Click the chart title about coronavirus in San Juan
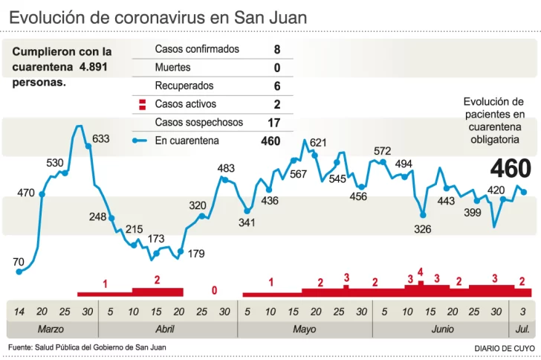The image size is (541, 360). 158,16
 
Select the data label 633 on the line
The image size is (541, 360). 100,139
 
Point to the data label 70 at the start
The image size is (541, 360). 19,262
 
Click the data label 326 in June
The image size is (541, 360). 422,228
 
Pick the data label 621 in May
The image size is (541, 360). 318,143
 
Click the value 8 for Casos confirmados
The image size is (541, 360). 276,50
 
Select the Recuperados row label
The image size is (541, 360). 184,86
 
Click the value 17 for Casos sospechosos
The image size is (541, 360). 273,122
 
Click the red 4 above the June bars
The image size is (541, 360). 421,272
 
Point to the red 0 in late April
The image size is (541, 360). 215,290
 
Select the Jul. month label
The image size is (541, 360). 522,329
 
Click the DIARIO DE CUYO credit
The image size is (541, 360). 503,348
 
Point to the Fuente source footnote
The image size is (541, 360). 87,347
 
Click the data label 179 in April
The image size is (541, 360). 196,254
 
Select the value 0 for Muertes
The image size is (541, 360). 276,68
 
